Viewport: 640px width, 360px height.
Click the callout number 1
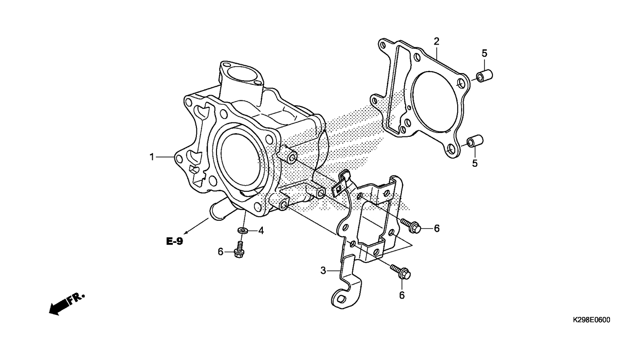pos(152,157)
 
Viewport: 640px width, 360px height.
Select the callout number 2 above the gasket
pos(436,42)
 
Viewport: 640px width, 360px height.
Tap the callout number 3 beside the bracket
pos(323,270)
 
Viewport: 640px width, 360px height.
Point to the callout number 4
pos(261,231)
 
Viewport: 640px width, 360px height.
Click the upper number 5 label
pos(484,53)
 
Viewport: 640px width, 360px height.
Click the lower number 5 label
pos(475,163)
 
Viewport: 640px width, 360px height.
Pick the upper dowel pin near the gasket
pos(484,75)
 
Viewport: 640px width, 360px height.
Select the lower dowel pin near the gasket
pos(475,141)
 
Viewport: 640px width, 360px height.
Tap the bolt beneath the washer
pos(238,249)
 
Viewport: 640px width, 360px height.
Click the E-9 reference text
pos(175,241)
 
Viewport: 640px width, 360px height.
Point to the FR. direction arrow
pos(67,304)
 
